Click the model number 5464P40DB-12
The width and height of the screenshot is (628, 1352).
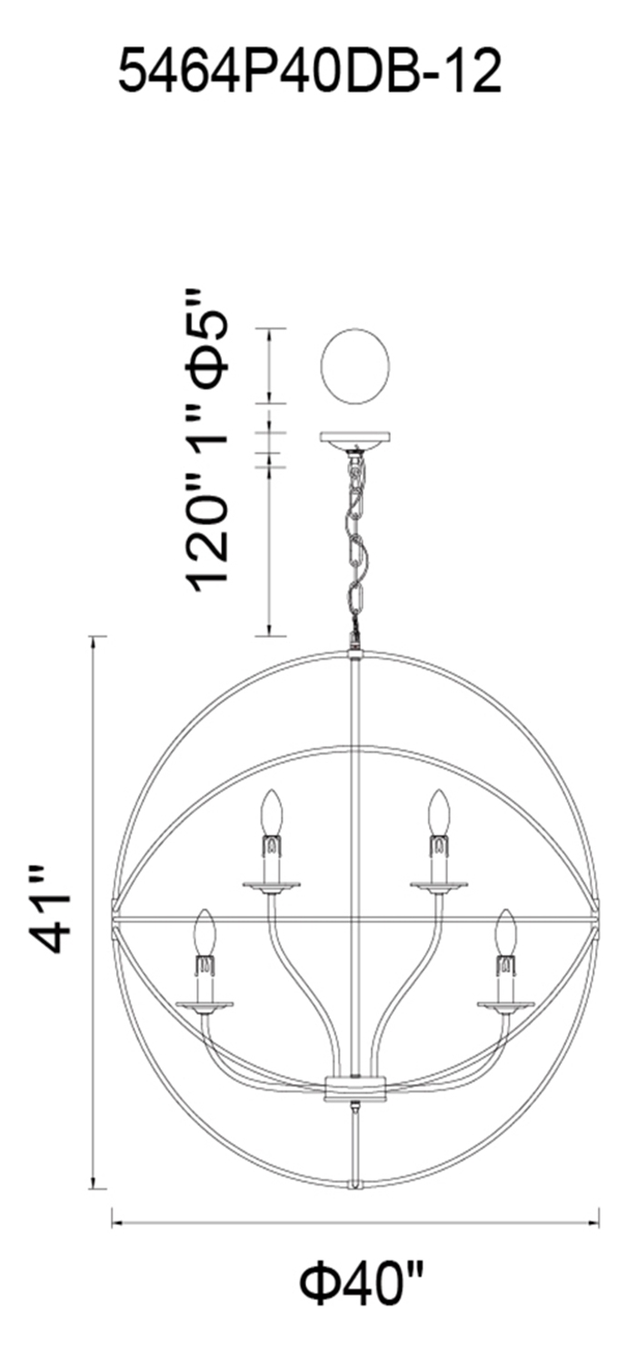coord(310,71)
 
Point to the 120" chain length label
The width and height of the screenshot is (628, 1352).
coord(208,532)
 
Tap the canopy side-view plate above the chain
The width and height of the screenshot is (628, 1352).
coord(355,439)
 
